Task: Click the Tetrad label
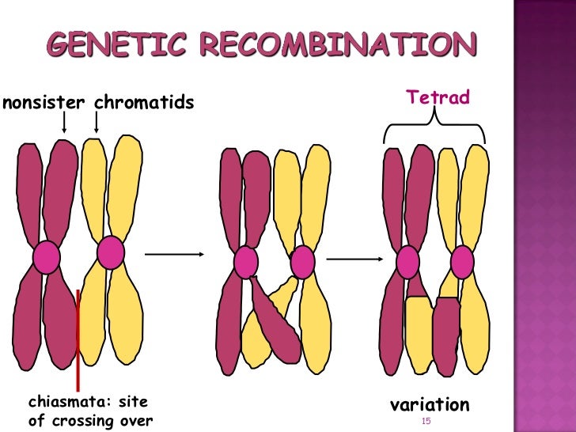pyautogui.click(x=438, y=97)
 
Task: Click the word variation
pyautogui.click(x=430, y=405)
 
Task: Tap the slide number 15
pyautogui.click(x=426, y=422)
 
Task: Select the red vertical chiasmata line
pyautogui.click(x=78, y=340)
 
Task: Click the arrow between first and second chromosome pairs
pyautogui.click(x=176, y=254)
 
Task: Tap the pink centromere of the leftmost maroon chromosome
pyautogui.click(x=47, y=257)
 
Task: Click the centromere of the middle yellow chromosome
pyautogui.click(x=302, y=263)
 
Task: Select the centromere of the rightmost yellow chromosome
pyautogui.click(x=462, y=263)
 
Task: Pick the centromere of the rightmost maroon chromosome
pyautogui.click(x=407, y=262)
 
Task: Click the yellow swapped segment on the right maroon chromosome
pyautogui.click(x=419, y=332)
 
